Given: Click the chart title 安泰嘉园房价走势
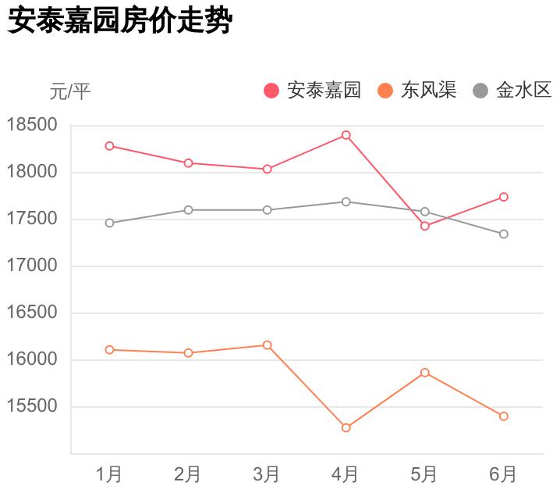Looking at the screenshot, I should pos(119,21).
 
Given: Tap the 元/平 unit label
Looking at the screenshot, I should pos(70,92).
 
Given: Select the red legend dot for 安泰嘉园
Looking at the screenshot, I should pos(271,91).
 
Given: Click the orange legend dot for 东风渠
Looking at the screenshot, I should pos(385,91).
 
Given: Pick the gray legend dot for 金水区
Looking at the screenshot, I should pos(480,91).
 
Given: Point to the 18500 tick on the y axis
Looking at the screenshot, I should pos(32,125).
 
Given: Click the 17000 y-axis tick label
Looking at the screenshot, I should pos(32,266).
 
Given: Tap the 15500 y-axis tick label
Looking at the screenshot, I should pos(32,406).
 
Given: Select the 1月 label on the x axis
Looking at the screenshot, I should pos(109,473).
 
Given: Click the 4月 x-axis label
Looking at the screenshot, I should pos(346,473).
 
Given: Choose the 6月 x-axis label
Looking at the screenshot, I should pos(503,473).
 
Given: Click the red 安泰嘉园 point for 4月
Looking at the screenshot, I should pos(346,135).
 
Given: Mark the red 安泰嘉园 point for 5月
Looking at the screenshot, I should pos(424,226).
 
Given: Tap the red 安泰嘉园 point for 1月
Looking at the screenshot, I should pos(109,146).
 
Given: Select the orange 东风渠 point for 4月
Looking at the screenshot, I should pos(346,427).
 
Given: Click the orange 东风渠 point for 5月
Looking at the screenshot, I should pos(424,373).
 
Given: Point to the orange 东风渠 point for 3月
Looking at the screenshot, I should pos(267,345).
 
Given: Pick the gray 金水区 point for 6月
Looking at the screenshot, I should pos(503,234).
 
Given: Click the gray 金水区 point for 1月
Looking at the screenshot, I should pos(109,223).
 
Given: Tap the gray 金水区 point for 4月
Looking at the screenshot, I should pos(346,202).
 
